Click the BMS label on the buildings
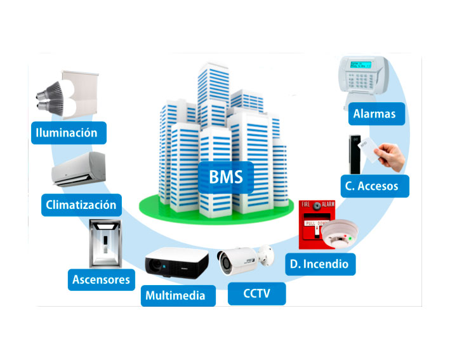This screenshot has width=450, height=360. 225,175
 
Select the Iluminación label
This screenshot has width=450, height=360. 67,133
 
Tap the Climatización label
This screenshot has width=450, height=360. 81,205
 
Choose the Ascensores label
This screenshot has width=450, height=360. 101,279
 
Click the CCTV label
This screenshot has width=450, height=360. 256,294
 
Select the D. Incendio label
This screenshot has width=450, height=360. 320,263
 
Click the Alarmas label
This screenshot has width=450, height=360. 374,114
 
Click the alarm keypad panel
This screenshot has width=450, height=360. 366,76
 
